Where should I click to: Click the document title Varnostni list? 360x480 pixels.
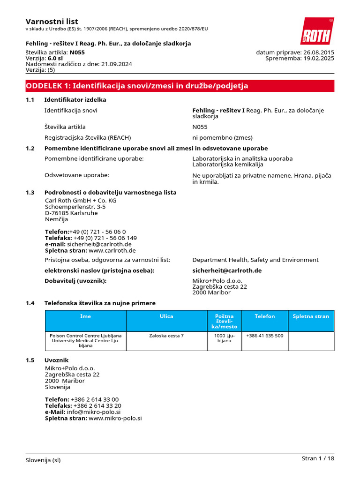point(52,22)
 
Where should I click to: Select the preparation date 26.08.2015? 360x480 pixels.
point(319,52)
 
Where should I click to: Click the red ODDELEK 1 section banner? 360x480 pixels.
point(180,86)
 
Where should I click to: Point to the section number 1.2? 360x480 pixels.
point(30,148)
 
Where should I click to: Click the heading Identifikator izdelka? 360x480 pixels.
point(75,100)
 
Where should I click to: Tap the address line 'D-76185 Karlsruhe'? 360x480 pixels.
point(71,213)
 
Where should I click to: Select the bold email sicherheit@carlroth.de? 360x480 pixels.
point(227,270)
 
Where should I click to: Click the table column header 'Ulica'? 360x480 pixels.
point(166,316)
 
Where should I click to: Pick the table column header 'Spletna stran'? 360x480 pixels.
point(311,316)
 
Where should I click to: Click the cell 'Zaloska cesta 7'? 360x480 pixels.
point(166,336)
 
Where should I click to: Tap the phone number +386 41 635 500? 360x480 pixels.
point(264,336)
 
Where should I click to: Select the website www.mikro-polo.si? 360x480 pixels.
point(115,418)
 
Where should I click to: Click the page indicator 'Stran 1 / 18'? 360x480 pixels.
point(318,458)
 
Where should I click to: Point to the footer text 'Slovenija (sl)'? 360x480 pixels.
point(43,460)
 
